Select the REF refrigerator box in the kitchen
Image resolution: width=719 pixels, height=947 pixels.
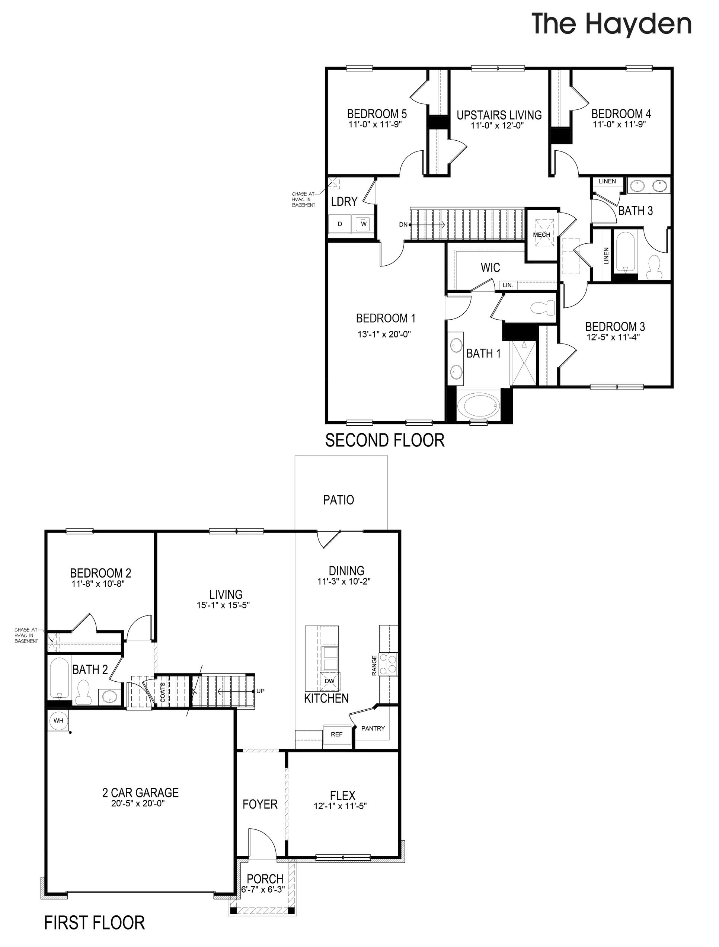click(336, 734)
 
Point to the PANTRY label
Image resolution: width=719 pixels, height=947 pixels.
click(373, 728)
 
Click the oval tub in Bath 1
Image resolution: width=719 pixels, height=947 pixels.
click(478, 404)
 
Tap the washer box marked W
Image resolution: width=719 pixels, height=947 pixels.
click(364, 224)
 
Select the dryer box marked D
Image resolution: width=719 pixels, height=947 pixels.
click(340, 224)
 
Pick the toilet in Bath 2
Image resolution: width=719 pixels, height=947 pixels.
click(83, 693)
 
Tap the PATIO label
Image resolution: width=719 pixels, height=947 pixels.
click(338, 500)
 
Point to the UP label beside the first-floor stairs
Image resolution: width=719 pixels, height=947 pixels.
click(261, 691)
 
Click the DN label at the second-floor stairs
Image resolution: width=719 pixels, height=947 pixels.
click(403, 224)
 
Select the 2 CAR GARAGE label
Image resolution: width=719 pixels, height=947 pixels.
click(140, 793)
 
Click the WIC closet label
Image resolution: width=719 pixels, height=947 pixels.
click(490, 268)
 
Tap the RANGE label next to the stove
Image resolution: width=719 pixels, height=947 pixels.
click(374, 666)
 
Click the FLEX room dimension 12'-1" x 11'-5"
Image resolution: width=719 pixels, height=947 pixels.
click(341, 806)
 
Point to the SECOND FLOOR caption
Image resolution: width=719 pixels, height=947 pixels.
click(384, 440)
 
